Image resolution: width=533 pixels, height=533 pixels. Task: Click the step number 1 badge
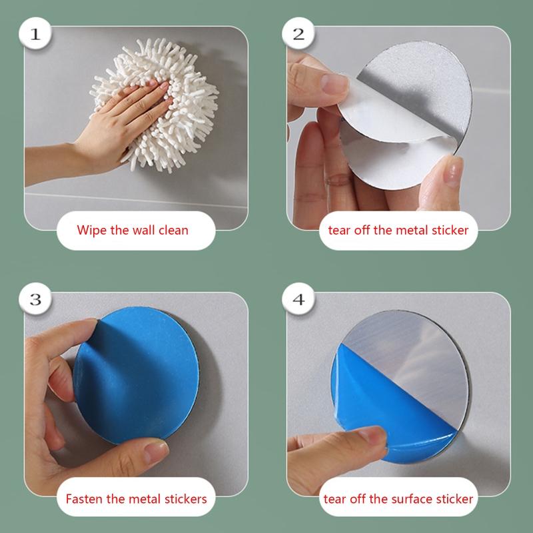35,34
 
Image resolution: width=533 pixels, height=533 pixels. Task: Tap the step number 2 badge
298,34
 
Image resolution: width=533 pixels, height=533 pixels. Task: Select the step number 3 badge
35,299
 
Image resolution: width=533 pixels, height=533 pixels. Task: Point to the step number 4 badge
298,299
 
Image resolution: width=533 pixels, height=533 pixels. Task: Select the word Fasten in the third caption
84,498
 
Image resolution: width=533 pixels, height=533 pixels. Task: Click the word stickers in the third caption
186,498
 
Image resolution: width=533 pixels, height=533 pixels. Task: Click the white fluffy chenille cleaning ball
155,104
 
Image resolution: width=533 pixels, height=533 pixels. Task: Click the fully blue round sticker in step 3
137,375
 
